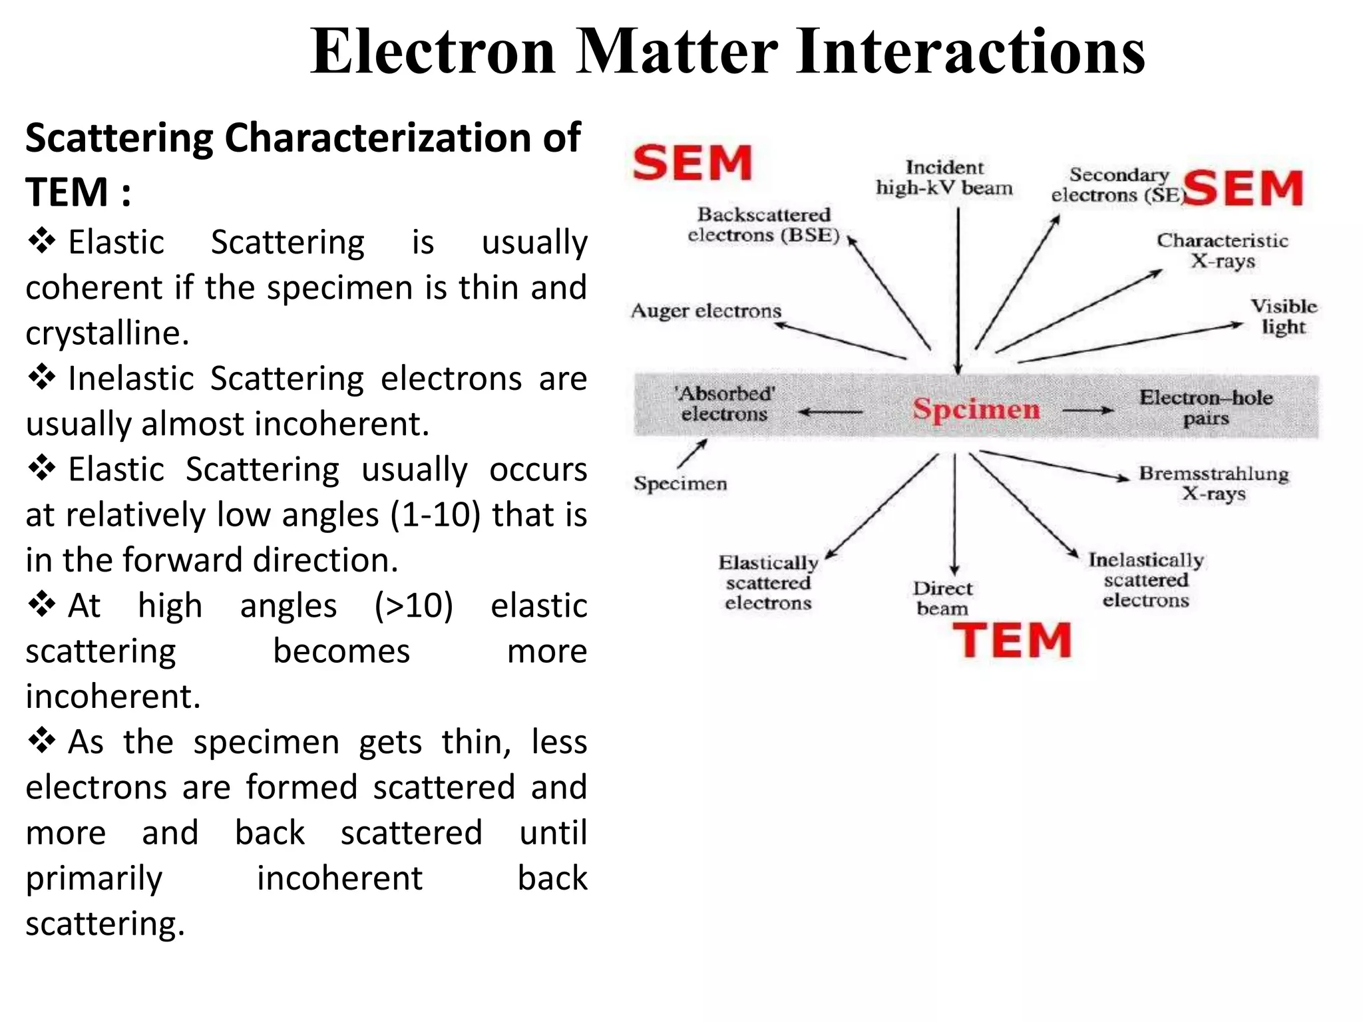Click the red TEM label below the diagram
click(1012, 641)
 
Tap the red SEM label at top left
click(692, 163)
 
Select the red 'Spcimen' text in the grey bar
click(976, 409)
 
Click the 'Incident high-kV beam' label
click(944, 178)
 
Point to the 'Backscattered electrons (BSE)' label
click(764, 225)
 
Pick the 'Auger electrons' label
click(705, 311)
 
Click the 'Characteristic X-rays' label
click(1223, 250)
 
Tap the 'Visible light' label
click(1284, 317)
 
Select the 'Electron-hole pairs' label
click(1206, 407)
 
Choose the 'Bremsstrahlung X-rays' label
click(1214, 483)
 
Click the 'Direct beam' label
click(942, 598)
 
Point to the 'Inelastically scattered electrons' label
click(1146, 580)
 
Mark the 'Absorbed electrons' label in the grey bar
click(725, 404)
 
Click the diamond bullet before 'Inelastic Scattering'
click(42, 378)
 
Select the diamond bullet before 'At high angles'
click(42, 605)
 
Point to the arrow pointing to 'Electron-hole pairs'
click(1088, 411)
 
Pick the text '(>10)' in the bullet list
click(413, 606)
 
